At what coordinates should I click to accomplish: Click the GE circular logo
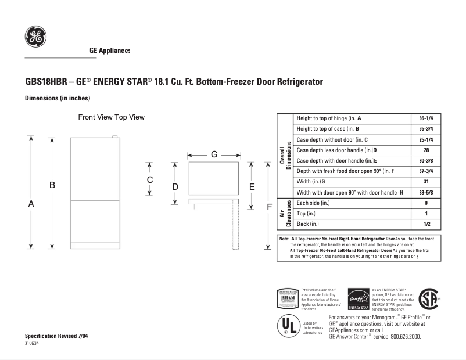pos(35,38)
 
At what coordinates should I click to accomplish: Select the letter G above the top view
pos(214,154)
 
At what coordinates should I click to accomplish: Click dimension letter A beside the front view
pos(31,204)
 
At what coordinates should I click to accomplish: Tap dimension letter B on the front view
pos(52,185)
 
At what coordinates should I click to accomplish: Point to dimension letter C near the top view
pos(150,180)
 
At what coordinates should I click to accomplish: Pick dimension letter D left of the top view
pos(175,187)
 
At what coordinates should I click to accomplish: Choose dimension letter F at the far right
pos(269,207)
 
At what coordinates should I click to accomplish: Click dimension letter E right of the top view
pos(252,186)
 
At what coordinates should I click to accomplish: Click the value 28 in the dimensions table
pos(426,150)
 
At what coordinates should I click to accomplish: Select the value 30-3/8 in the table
pos(426,161)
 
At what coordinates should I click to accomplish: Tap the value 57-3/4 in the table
pos(426,171)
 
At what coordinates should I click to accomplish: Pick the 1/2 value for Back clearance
pos(426,224)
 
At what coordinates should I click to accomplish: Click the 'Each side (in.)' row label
pos(313,203)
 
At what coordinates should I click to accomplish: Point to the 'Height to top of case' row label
pos(328,129)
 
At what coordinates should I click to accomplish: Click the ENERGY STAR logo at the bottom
pos(359,299)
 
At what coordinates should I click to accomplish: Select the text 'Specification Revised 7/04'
pos(56,337)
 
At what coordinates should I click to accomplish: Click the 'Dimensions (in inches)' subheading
pos(57,98)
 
